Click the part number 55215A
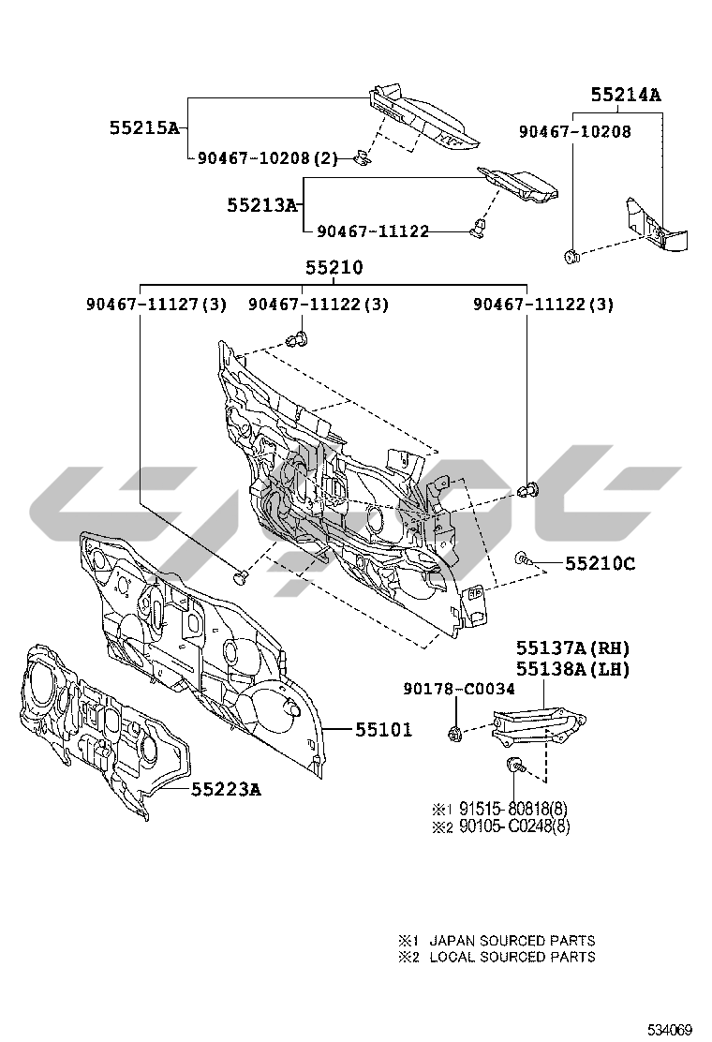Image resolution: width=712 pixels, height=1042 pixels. click(x=143, y=127)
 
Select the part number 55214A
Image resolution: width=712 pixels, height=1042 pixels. click(x=625, y=95)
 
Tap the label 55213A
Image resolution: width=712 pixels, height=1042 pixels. click(x=261, y=203)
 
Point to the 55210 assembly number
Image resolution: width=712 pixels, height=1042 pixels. click(x=334, y=268)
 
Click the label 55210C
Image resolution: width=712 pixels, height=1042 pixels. click(x=600, y=563)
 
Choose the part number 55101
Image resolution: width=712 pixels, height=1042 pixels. click(x=382, y=729)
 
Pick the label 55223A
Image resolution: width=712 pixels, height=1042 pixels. click(x=226, y=789)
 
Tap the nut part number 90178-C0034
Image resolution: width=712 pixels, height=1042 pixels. click(x=459, y=690)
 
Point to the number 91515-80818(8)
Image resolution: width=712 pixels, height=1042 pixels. click(x=512, y=809)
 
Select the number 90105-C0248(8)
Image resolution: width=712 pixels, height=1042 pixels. click(x=512, y=826)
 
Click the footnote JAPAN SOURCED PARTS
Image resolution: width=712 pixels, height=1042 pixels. click(x=512, y=940)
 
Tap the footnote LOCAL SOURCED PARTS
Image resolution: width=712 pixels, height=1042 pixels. click(x=512, y=957)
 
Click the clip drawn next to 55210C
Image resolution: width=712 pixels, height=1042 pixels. click(x=521, y=559)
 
